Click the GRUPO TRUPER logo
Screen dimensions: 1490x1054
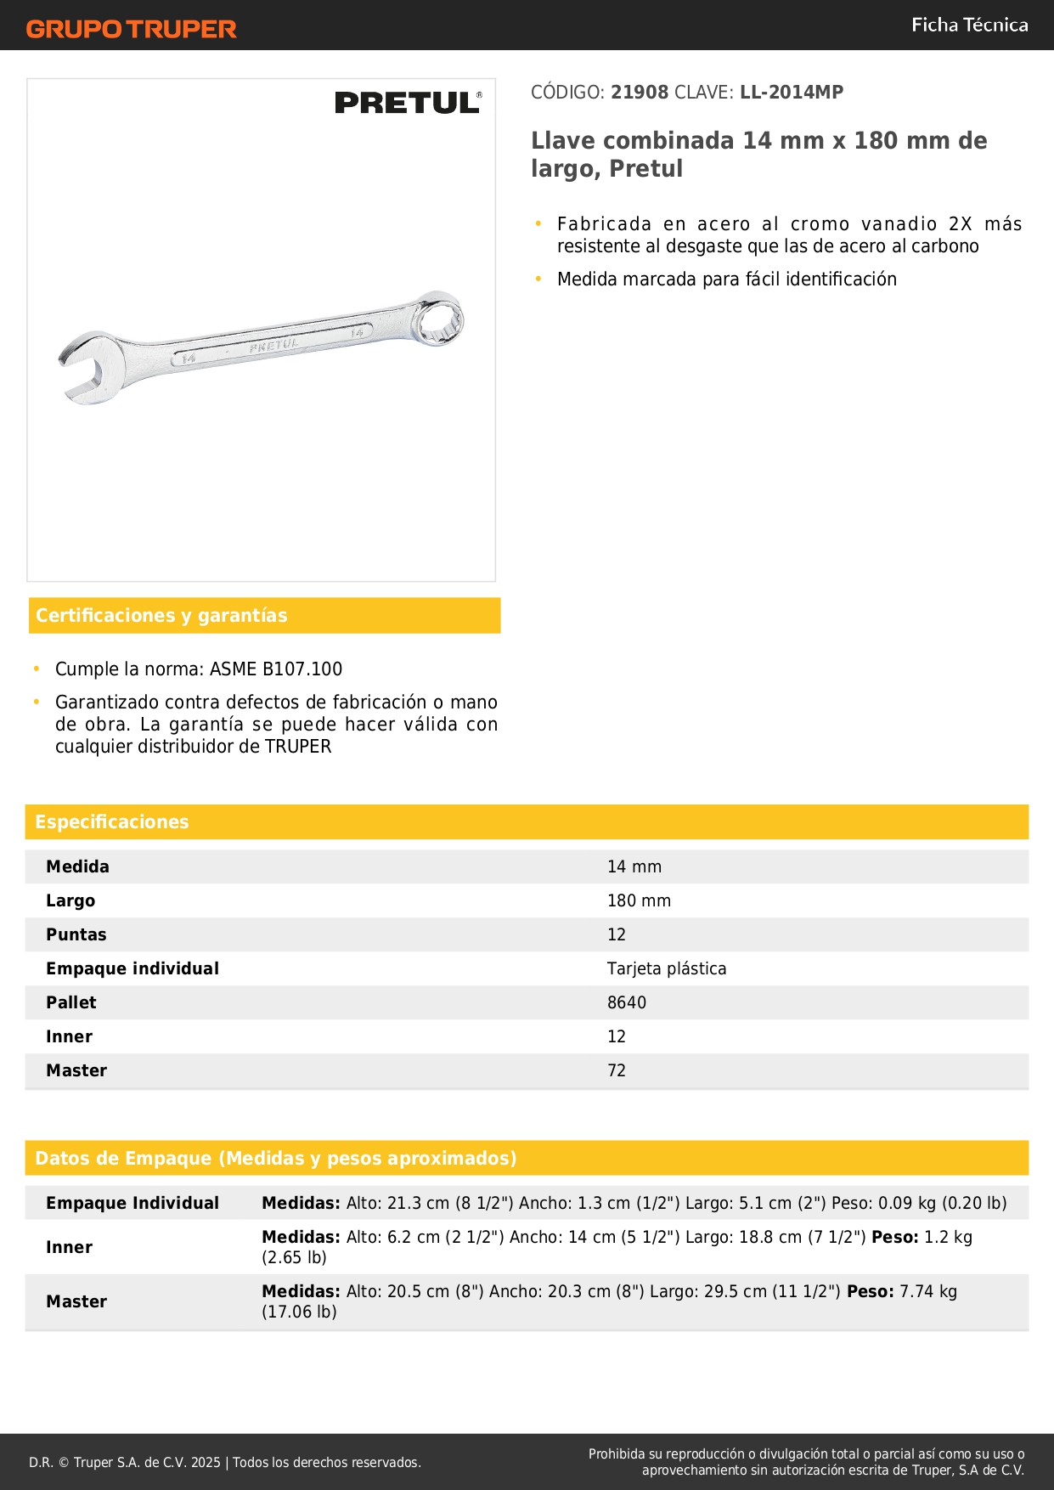pyautogui.click(x=131, y=29)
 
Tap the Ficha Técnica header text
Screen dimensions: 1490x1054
pyautogui.click(x=969, y=25)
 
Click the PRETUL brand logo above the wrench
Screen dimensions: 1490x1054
pyautogui.click(x=408, y=103)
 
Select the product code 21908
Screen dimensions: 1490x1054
pyautogui.click(x=640, y=93)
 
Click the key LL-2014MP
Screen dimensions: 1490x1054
pyautogui.click(x=792, y=93)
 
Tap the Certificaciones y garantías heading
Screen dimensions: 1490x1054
pyautogui.click(x=161, y=616)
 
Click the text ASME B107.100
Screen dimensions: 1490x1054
pyautogui.click(x=276, y=669)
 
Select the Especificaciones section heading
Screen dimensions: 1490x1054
pyautogui.click(x=112, y=822)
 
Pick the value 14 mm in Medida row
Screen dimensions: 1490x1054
pyautogui.click(x=634, y=867)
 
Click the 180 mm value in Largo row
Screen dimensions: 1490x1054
pyautogui.click(x=639, y=901)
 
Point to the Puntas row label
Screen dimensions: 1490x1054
pyautogui.click(x=76, y=935)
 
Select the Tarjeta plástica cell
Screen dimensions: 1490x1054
pyautogui.click(x=667, y=969)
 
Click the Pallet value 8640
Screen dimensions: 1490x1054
pyautogui.click(x=627, y=1003)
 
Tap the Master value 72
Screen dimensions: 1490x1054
pyautogui.click(x=617, y=1071)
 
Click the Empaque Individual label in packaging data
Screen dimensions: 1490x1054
pyautogui.click(x=132, y=1204)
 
